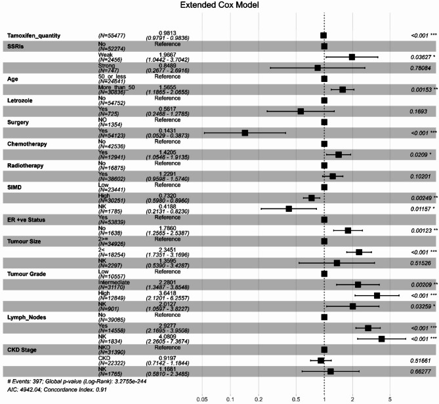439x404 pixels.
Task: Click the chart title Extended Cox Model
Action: coord(219,6)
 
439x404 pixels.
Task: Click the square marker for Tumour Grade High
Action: coord(377,296)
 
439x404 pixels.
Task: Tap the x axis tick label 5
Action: coord(390,397)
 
